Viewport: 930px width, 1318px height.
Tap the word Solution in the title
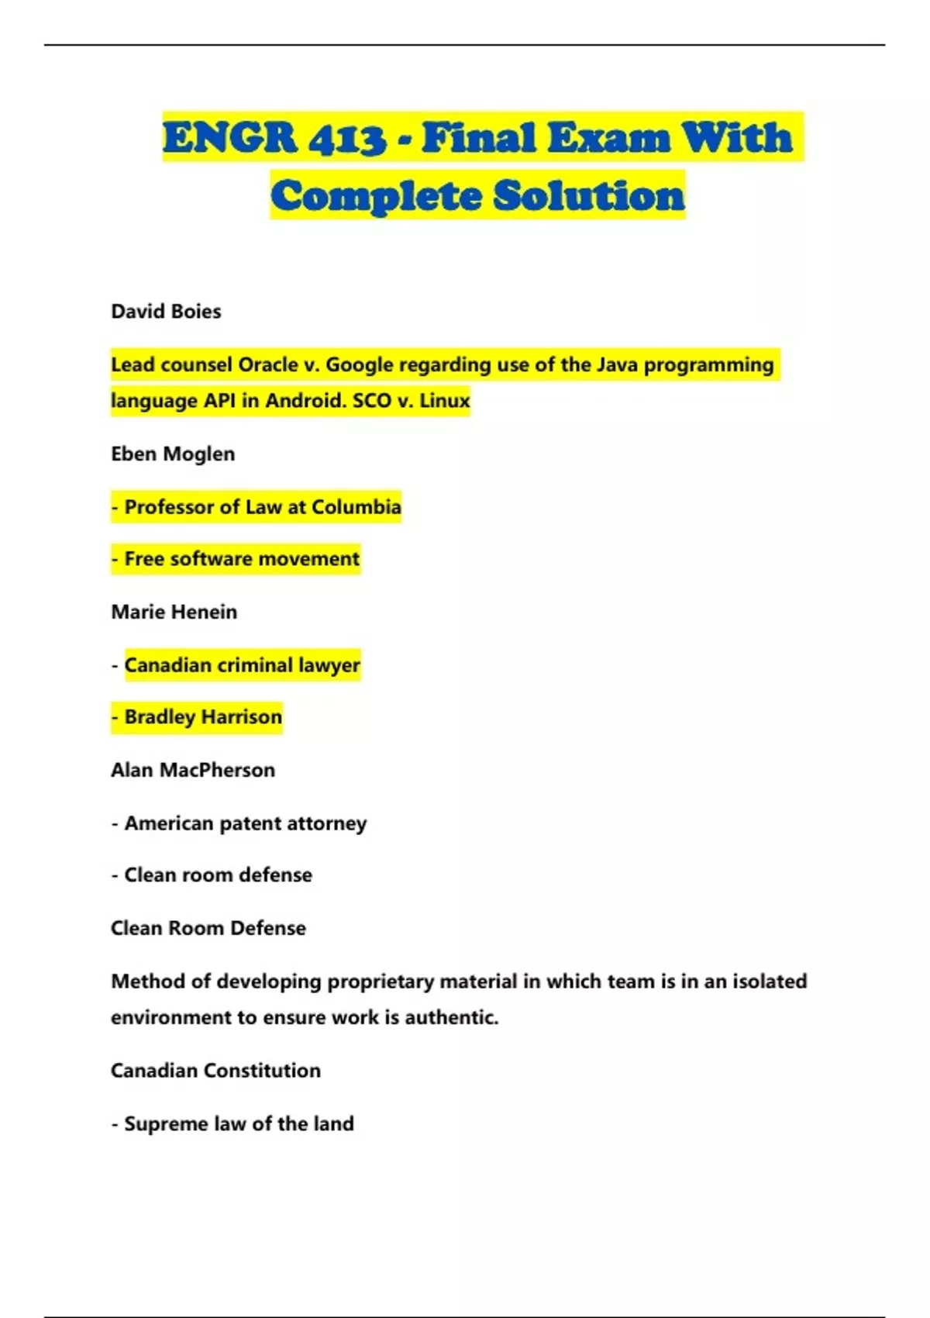coord(589,195)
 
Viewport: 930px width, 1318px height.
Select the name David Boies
coord(166,312)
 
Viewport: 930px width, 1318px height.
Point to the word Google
coord(360,365)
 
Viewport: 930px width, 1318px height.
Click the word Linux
coord(445,401)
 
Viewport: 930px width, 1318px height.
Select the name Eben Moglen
coord(173,454)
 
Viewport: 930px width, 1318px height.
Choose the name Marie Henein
coord(174,612)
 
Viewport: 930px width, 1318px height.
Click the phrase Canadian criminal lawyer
coord(242,665)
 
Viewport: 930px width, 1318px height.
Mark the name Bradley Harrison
coord(203,717)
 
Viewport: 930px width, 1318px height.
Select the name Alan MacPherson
coord(193,771)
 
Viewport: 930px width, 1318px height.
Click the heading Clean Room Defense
coord(208,929)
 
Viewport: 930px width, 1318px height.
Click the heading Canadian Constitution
coord(215,1071)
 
